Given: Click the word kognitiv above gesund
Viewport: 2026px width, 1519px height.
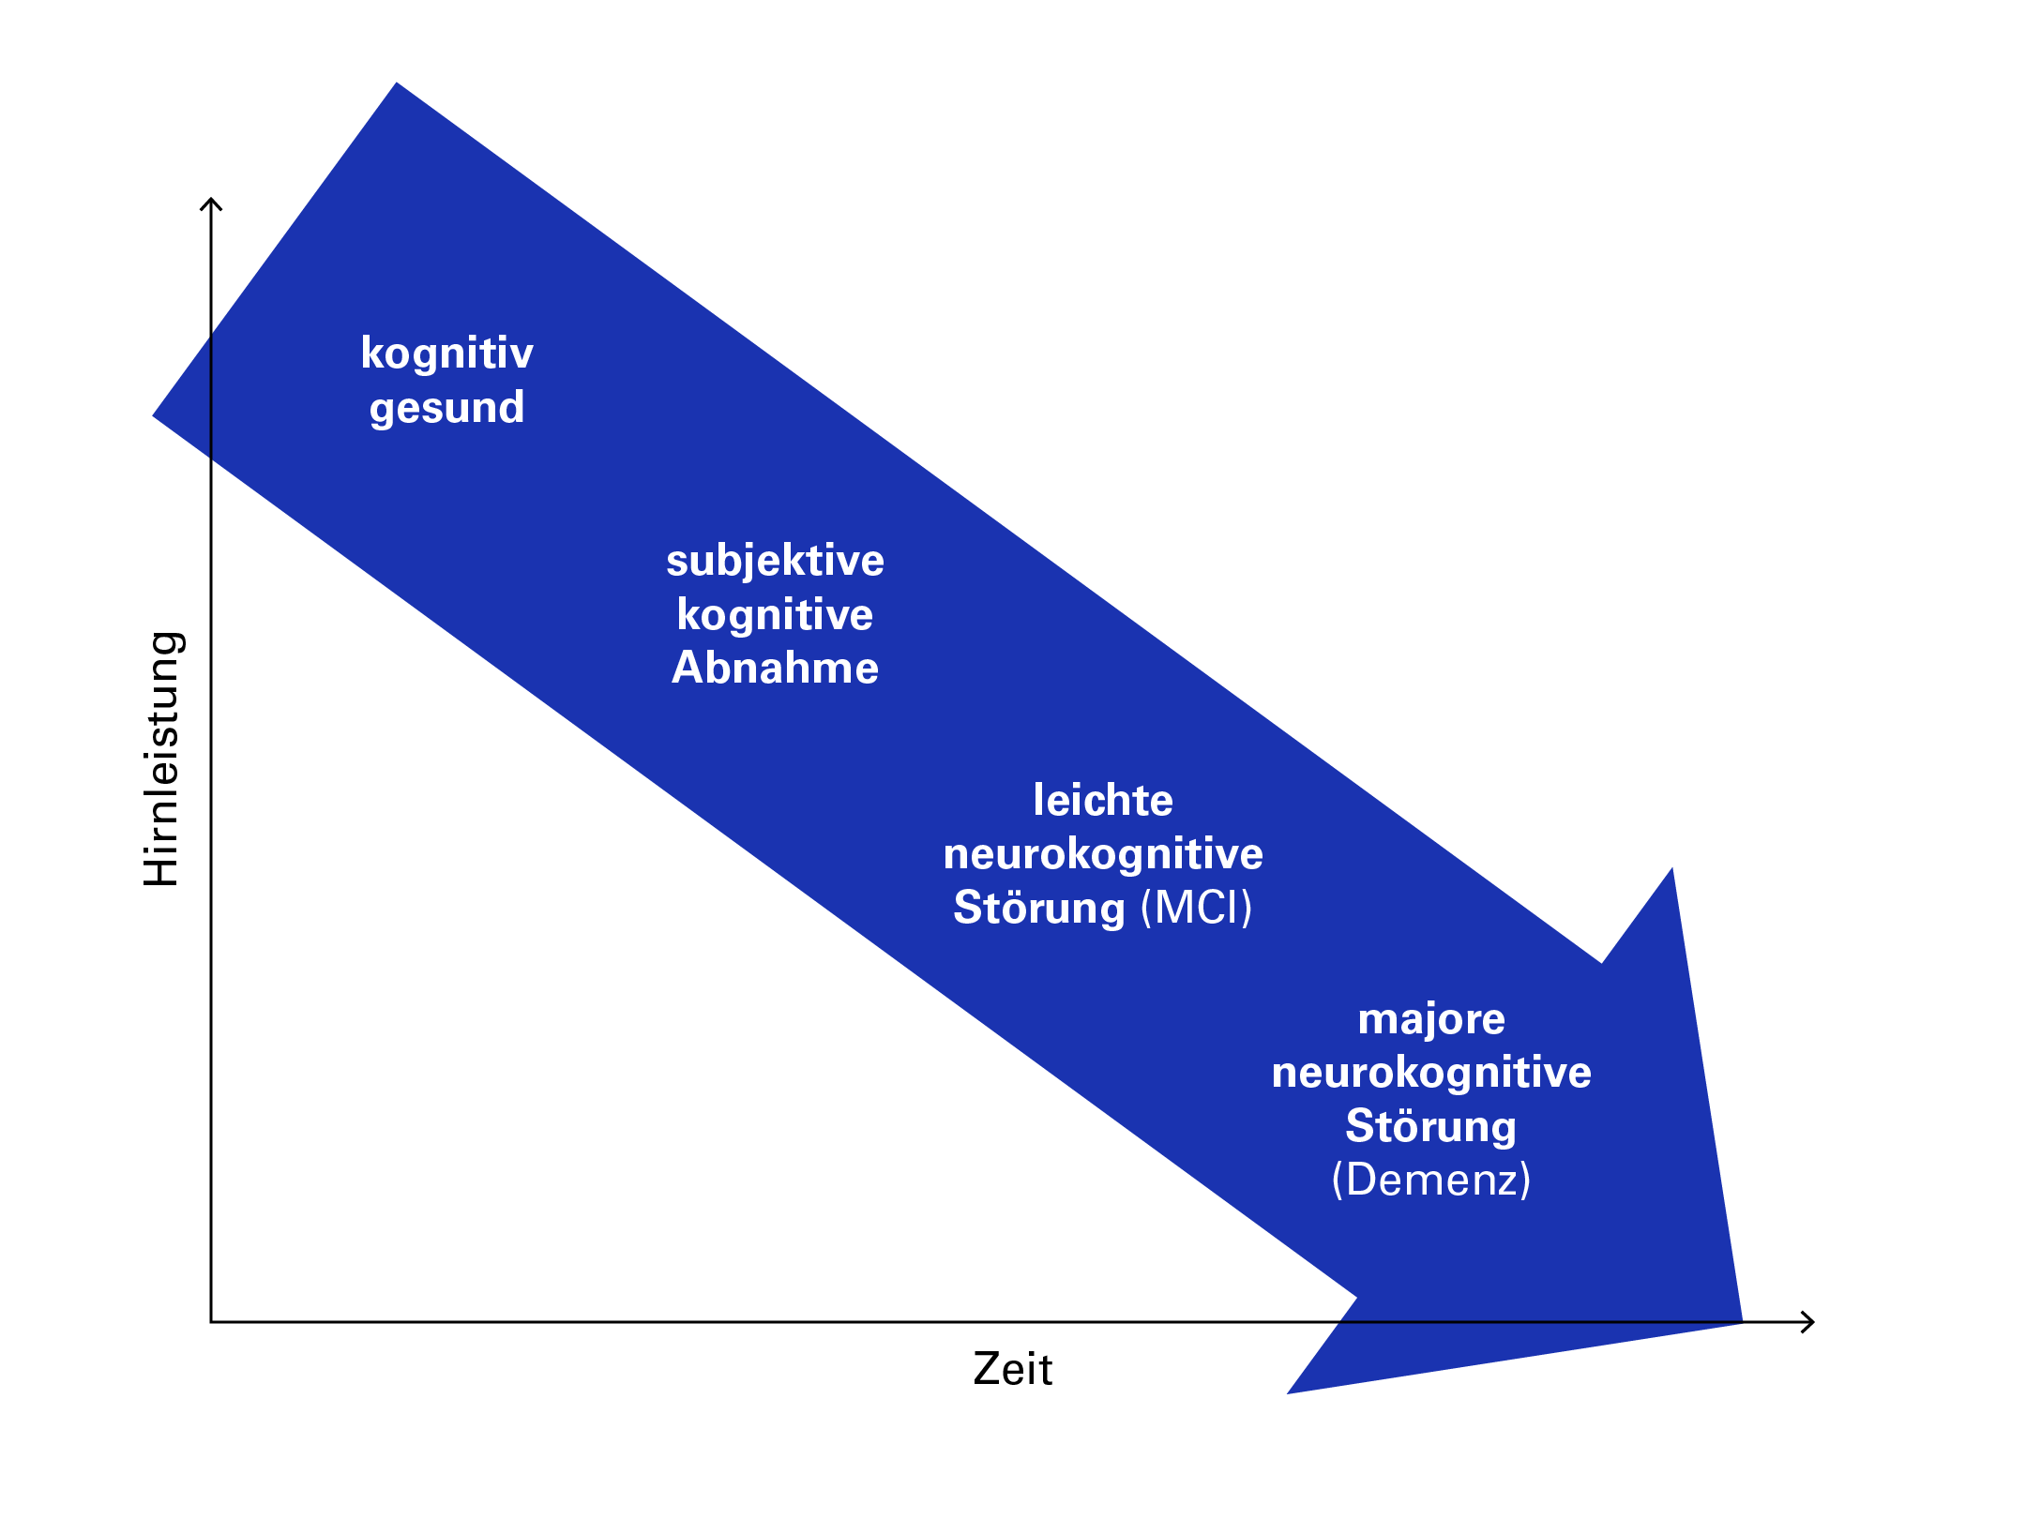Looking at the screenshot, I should [446, 354].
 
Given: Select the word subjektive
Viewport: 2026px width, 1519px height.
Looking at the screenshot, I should [775, 561].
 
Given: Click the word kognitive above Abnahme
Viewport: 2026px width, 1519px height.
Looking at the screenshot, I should [775, 615].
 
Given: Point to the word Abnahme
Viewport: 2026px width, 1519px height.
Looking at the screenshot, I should [775, 669].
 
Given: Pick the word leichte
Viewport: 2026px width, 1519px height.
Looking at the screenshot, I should [1103, 801].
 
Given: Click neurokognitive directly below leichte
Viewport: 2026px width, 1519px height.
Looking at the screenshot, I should [1103, 854].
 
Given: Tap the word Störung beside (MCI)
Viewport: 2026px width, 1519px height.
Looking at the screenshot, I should [1038, 909].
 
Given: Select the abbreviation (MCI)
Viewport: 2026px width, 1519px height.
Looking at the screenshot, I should [1197, 909].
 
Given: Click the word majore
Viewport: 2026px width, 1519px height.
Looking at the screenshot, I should [1431, 1019].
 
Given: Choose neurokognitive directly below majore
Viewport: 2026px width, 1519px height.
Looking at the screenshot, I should [1431, 1073].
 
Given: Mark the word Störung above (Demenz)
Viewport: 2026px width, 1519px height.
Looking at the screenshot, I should [1431, 1127].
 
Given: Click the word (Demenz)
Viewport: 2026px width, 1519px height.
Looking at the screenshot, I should [1431, 1181].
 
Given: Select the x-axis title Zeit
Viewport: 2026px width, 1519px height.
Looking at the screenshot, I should [1012, 1370].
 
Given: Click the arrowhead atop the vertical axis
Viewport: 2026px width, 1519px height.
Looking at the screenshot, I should [211, 203].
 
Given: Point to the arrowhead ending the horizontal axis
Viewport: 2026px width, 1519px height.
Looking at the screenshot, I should [1809, 1322].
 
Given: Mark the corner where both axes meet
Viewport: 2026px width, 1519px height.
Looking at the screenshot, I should [211, 1322].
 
